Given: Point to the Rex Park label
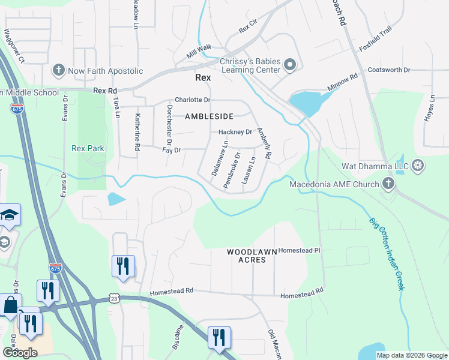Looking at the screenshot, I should (x=88, y=148).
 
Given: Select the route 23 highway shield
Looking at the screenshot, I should (x=114, y=298).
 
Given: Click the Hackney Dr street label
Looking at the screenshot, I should (x=235, y=132).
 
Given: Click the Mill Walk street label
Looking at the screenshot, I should (x=199, y=52).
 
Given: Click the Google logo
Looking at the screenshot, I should (x=20, y=352).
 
